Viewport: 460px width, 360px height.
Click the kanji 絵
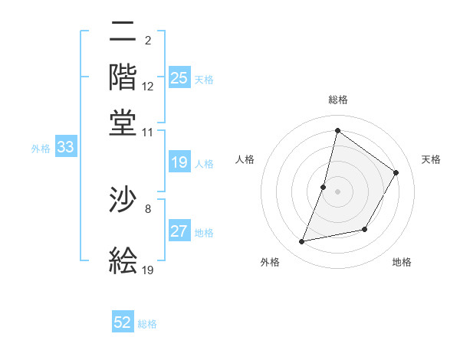123,260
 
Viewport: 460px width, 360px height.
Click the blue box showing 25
179,77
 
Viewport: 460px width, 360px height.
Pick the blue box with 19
179,162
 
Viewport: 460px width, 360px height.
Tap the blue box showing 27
179,231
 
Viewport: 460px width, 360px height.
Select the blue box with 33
65,148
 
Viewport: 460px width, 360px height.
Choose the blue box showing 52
123,322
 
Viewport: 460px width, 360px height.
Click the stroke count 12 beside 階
148,87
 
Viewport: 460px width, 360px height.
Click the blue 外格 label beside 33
41,149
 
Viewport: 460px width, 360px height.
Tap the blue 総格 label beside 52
148,324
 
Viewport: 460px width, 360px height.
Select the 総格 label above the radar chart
337,100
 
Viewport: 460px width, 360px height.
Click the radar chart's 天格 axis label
431,159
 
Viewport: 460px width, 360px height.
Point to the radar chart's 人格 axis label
245,159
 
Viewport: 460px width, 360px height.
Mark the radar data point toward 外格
302,242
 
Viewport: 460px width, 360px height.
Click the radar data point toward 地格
365,229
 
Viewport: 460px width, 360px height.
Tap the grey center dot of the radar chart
337,191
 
